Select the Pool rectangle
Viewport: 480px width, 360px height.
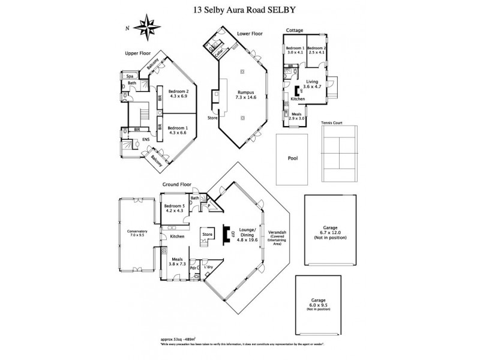(292, 158)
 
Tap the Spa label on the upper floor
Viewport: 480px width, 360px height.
(129, 77)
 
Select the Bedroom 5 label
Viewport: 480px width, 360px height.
(176, 209)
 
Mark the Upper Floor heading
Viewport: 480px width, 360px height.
(137, 53)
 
